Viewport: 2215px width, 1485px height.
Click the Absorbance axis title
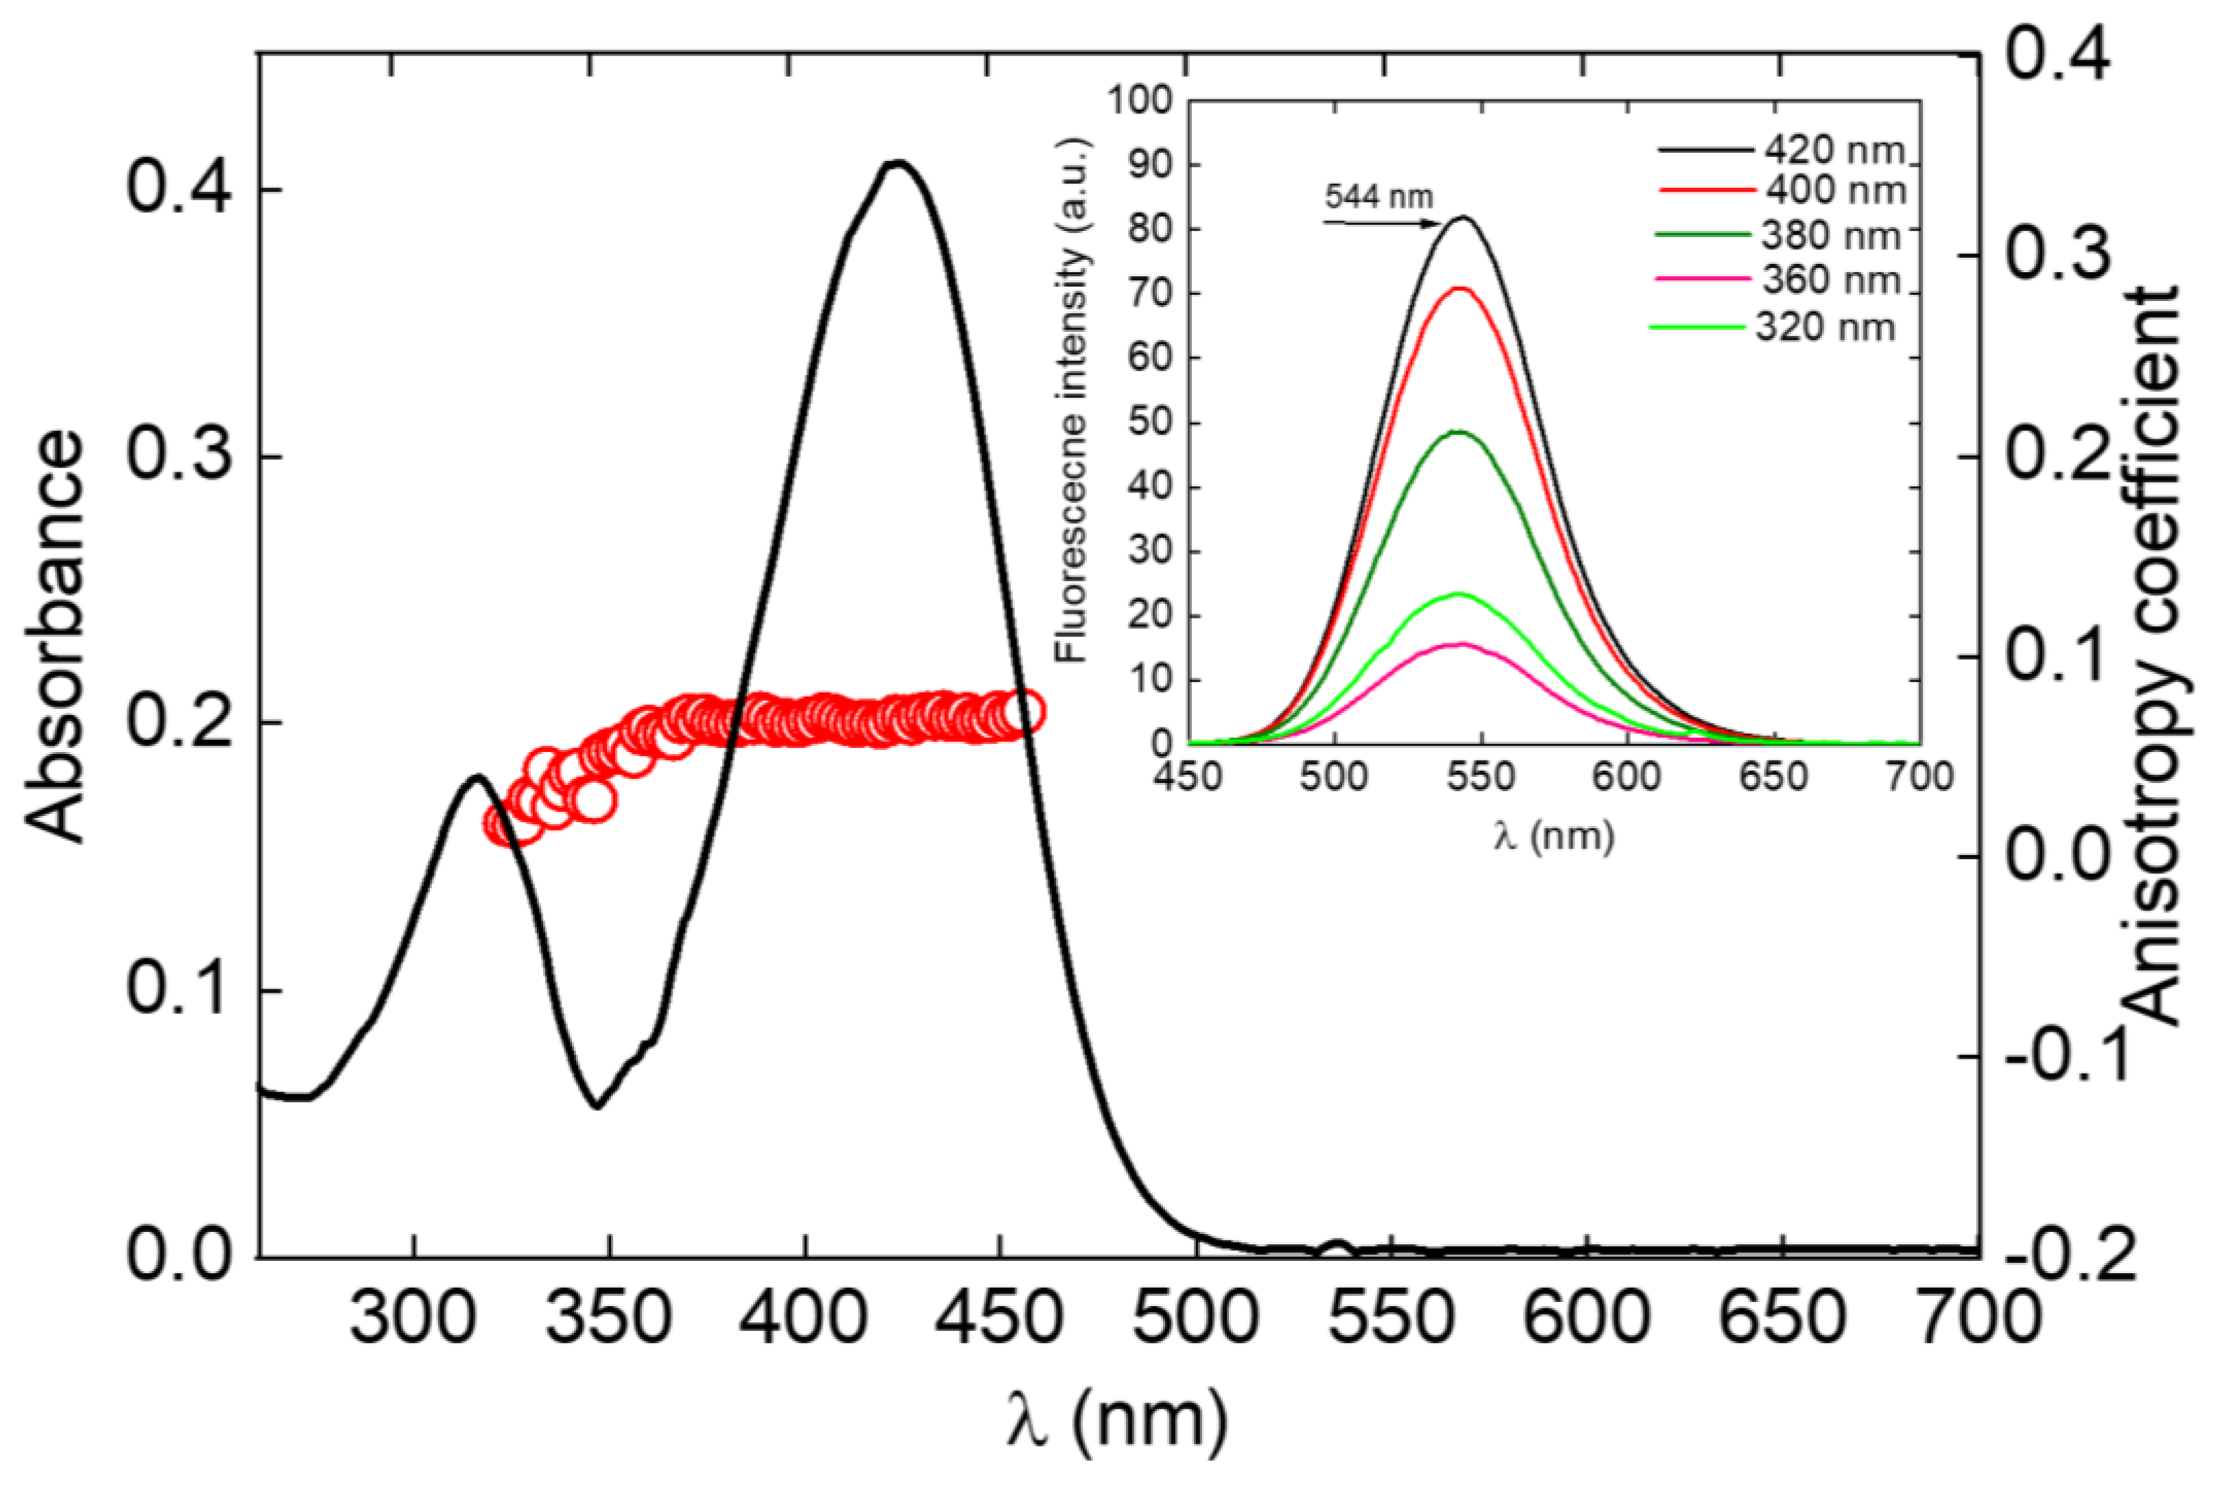(x=54, y=636)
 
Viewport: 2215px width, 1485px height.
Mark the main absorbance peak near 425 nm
(x=896, y=163)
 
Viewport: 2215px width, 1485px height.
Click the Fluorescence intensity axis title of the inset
(x=1073, y=400)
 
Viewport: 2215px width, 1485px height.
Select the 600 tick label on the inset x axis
(x=1626, y=777)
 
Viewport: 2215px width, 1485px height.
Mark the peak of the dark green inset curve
(x=1459, y=432)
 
